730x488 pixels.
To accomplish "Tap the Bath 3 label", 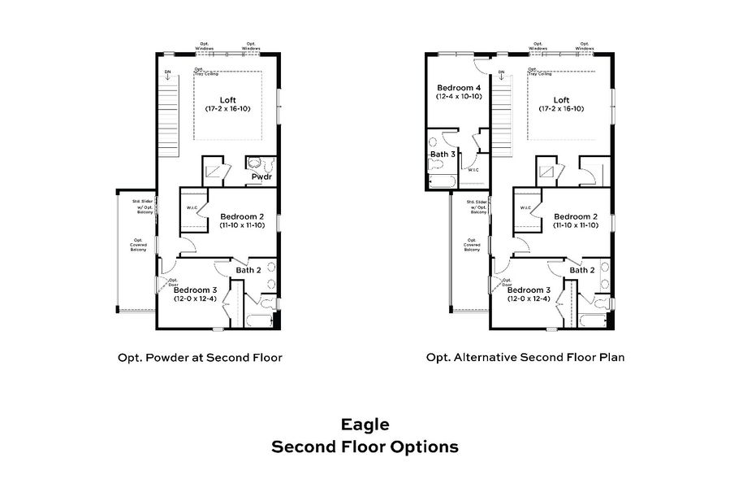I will (x=443, y=154).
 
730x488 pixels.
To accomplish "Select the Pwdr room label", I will (x=261, y=176).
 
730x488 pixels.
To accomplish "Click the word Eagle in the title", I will (x=365, y=424).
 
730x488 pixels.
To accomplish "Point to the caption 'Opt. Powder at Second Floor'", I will (x=200, y=357).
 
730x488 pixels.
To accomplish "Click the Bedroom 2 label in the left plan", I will (x=242, y=216).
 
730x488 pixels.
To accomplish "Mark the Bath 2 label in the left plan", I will (x=248, y=270).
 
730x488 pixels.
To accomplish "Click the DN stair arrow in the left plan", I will (x=168, y=75).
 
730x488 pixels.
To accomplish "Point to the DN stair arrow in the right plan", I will (x=501, y=75).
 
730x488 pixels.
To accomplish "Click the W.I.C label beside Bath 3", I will (x=473, y=169).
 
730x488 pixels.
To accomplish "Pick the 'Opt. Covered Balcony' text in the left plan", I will (x=139, y=245).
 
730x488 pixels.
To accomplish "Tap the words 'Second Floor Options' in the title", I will (x=365, y=447).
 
